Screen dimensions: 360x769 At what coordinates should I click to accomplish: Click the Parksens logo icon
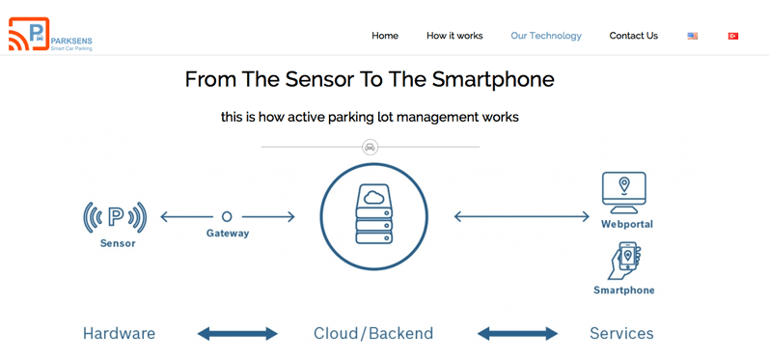[29, 35]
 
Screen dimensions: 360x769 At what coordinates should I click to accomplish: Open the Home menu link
[385, 36]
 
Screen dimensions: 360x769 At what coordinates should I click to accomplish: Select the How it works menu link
[454, 36]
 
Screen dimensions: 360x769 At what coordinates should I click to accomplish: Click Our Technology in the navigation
[546, 36]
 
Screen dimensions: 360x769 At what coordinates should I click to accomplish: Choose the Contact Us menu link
[633, 36]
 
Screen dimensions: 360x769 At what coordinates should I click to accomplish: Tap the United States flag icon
[693, 36]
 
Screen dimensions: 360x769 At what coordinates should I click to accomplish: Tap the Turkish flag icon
[733, 36]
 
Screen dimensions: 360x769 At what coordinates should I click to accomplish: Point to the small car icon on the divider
[370, 147]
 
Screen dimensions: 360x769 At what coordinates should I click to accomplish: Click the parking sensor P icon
[115, 217]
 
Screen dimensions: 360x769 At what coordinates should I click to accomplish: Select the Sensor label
[118, 244]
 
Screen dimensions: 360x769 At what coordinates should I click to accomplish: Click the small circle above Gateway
[227, 217]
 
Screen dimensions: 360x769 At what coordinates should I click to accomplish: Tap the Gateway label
[228, 234]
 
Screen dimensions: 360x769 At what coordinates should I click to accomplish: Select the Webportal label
[626, 224]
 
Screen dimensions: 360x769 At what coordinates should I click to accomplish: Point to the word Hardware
[119, 334]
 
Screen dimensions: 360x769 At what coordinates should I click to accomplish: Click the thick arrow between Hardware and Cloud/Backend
[237, 334]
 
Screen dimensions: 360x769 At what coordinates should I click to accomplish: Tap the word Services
[621, 334]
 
